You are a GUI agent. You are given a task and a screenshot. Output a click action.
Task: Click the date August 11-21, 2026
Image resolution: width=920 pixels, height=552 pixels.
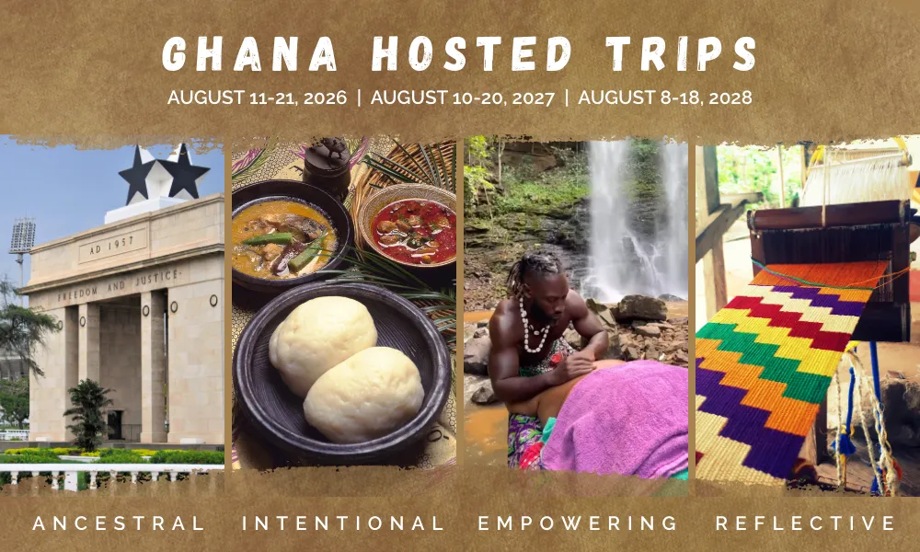point(261,97)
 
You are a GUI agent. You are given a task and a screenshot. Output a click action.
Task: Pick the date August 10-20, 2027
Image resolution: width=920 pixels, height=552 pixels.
point(462,97)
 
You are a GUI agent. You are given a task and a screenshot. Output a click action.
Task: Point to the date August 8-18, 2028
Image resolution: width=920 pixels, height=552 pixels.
point(665,97)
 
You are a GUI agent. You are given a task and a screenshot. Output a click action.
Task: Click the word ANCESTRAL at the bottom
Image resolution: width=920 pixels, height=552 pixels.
point(120,523)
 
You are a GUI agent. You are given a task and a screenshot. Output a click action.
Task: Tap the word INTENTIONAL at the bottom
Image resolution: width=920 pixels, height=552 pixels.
point(343,523)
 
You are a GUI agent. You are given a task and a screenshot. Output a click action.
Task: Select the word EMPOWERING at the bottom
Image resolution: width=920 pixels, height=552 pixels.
point(578,523)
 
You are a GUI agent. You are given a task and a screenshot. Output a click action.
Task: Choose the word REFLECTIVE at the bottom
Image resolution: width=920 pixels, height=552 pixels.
point(806,523)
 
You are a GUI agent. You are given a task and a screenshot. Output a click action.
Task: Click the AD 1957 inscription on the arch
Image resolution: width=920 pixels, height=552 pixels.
point(111,246)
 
